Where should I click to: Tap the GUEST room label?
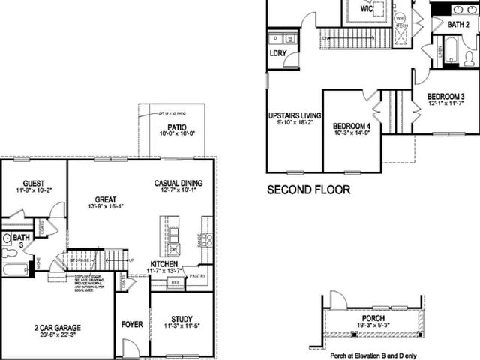[34, 182]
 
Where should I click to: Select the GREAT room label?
[105, 199]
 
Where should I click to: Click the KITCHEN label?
[163, 264]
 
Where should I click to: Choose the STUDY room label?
[181, 318]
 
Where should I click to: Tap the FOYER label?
[132, 325]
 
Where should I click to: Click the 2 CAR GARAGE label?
[58, 328]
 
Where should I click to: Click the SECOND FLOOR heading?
[308, 190]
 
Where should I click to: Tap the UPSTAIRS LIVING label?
[295, 115]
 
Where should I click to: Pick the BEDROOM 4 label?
[352, 126]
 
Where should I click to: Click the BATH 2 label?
[458, 25]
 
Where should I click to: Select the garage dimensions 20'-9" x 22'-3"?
[58, 337]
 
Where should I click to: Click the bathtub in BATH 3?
[15, 268]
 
